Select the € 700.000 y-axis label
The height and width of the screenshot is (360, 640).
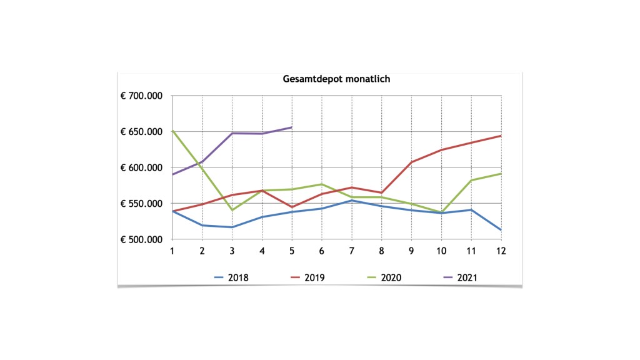coord(141,96)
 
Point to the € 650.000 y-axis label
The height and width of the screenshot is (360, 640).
coord(141,132)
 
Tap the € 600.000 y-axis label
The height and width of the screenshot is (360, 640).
coord(141,168)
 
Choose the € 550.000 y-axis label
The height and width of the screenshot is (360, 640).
coord(141,204)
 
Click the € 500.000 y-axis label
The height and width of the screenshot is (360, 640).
coord(141,239)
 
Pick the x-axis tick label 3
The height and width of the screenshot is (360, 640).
coord(232,251)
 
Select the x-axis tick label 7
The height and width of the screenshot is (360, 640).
coord(351,251)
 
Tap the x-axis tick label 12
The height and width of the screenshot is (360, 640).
coord(501,251)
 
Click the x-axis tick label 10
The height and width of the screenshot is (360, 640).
coord(441,251)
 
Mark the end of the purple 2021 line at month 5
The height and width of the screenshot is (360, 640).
coord(291,127)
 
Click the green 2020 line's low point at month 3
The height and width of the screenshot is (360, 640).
coord(232,210)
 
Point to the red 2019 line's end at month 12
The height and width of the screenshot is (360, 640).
coord(501,136)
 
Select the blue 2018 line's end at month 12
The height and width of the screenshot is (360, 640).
coord(501,230)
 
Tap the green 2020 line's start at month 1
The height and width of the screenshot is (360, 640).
coord(172,131)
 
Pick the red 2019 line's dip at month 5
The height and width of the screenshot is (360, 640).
coord(291,207)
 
